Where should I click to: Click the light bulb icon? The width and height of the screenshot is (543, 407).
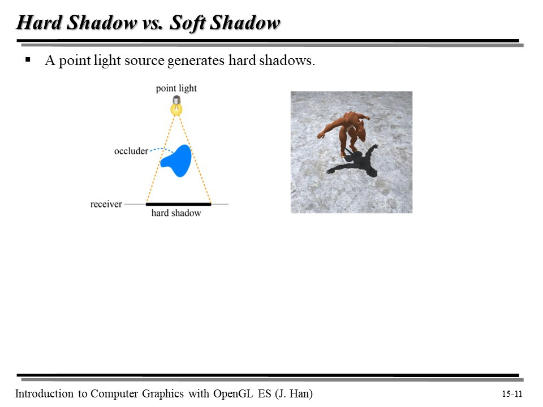(x=177, y=106)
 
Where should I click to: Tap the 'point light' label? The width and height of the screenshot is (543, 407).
(x=176, y=88)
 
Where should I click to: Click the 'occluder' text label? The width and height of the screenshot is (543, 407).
(x=131, y=151)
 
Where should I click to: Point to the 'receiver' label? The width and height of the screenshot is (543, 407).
(x=106, y=204)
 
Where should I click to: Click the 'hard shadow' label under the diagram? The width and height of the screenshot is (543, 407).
(x=176, y=213)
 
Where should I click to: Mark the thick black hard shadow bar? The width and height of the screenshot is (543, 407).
(x=178, y=204)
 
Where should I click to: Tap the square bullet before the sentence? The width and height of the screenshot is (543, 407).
(x=27, y=59)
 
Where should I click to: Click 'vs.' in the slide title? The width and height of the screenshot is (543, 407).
(x=152, y=23)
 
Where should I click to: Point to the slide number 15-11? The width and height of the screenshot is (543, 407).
(x=511, y=394)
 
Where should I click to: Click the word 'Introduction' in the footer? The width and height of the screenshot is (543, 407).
(x=44, y=393)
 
